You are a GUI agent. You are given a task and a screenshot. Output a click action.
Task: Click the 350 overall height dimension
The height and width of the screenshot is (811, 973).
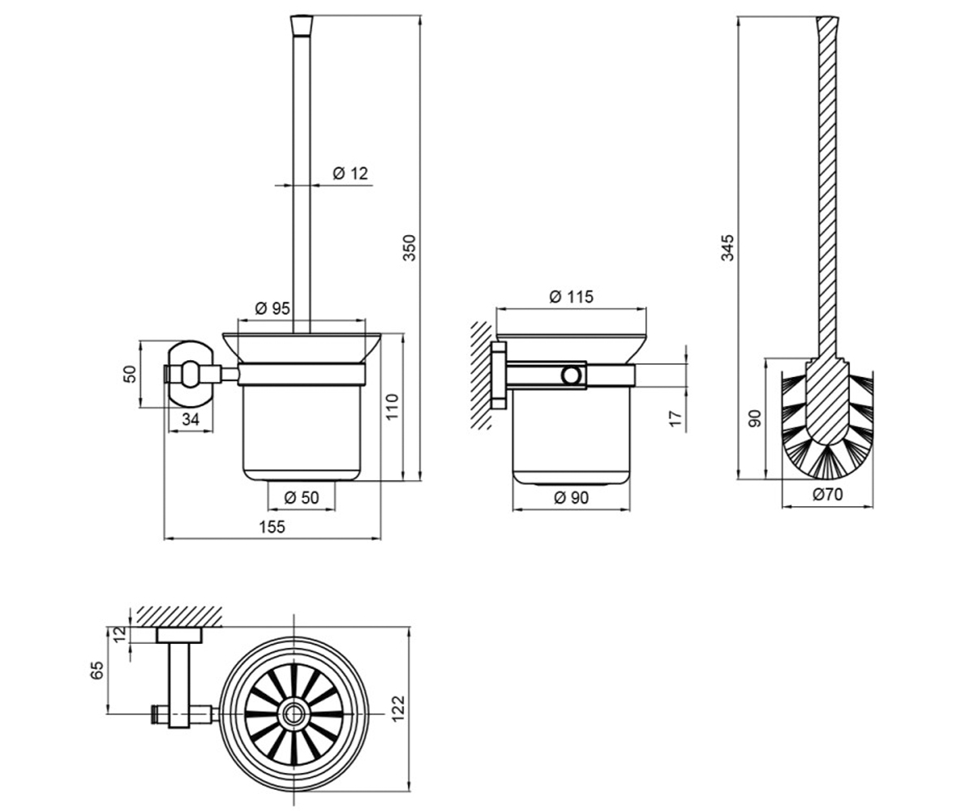point(409,248)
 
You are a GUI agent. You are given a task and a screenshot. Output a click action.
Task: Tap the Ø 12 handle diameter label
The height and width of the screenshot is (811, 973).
point(350,174)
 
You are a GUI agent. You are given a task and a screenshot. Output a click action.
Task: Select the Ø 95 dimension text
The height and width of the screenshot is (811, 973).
point(272,308)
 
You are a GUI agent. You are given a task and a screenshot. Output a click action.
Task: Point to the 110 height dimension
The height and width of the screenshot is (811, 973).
point(392,407)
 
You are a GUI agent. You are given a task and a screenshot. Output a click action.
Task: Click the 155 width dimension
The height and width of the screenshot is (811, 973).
point(272,526)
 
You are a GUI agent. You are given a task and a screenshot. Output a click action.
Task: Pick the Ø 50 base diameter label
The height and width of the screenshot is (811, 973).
point(302,498)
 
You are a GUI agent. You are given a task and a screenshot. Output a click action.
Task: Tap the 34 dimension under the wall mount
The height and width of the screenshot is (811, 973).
point(191,419)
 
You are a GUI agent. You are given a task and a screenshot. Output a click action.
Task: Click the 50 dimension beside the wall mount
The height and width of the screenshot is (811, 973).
point(130,374)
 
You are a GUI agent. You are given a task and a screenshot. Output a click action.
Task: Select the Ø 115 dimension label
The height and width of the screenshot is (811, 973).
point(572,297)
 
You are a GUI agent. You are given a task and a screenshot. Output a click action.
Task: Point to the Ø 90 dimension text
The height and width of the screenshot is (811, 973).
point(572,498)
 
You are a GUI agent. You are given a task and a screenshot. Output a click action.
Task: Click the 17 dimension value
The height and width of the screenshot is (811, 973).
point(675,418)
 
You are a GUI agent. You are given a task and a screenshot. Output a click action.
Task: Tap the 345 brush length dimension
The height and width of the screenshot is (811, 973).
point(727,248)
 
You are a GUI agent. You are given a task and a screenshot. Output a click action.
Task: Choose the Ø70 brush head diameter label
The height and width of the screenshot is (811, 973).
point(828,494)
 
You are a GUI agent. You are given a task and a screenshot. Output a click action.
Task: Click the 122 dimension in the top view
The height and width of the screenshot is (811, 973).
point(398,709)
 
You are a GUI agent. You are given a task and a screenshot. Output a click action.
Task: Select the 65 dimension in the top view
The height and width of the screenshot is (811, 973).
point(96,670)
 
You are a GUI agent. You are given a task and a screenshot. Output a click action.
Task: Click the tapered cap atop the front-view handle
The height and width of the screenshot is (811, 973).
point(302,26)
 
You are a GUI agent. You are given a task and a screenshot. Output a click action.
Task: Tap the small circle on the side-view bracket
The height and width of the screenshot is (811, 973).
point(572,375)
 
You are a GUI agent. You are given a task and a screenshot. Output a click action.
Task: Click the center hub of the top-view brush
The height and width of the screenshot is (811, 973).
point(294,714)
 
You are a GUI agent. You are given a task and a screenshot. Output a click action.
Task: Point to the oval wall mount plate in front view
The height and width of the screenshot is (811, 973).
point(191,374)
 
